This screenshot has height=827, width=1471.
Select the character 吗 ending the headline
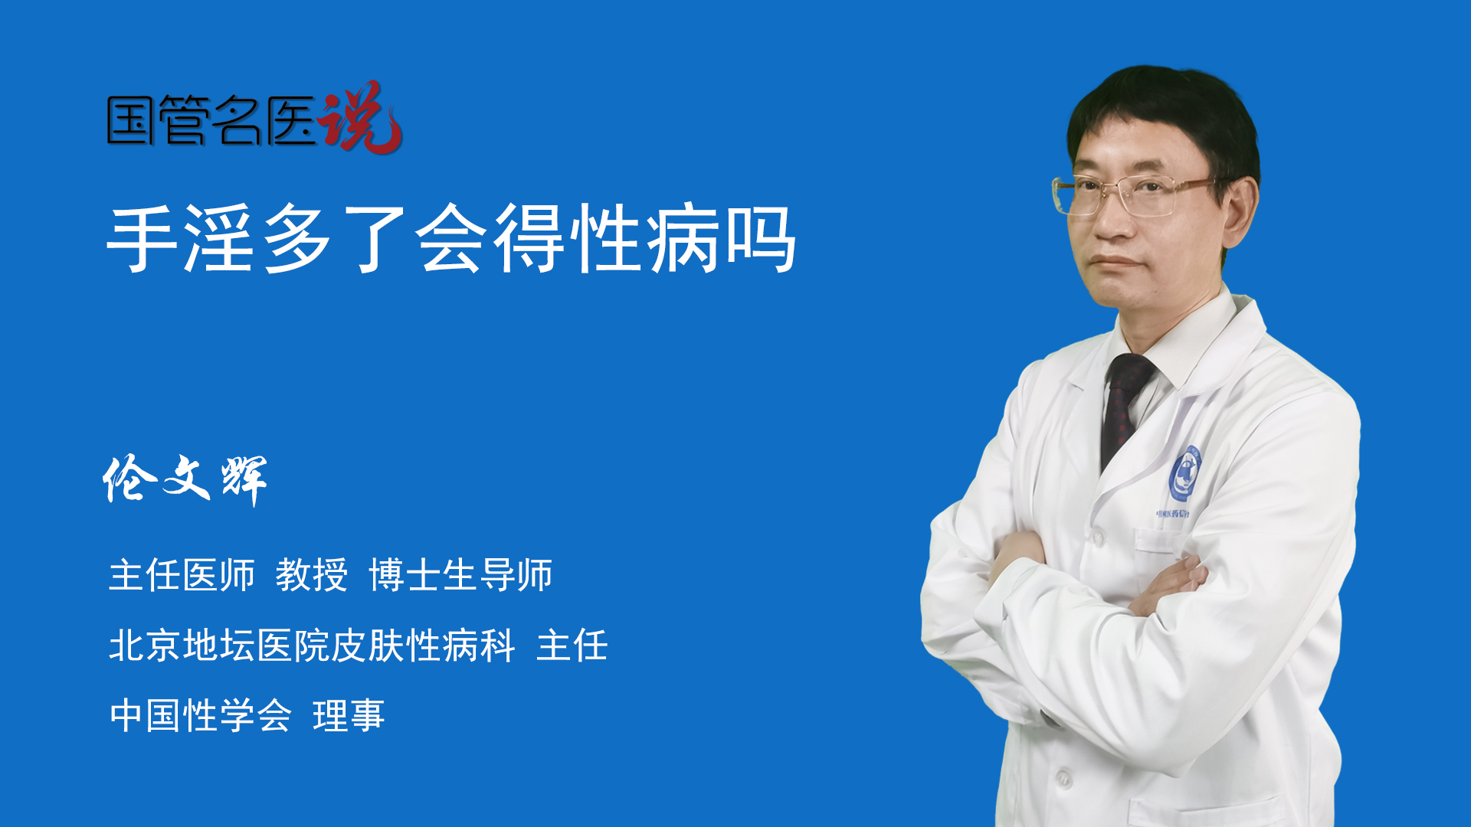(761, 238)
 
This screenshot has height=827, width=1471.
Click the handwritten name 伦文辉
(185, 479)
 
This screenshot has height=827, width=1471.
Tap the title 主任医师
(182, 575)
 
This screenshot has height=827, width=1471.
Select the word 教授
(312, 575)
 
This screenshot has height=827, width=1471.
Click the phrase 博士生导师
(460, 575)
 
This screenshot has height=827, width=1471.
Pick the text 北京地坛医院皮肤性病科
(312, 646)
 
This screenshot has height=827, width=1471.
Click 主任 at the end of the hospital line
(572, 646)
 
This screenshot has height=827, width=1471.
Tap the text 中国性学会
(201, 716)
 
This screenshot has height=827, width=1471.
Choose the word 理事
(349, 716)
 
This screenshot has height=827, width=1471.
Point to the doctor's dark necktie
(1124, 410)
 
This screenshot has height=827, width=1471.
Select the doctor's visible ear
(1240, 210)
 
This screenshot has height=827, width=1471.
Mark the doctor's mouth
(1115, 263)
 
